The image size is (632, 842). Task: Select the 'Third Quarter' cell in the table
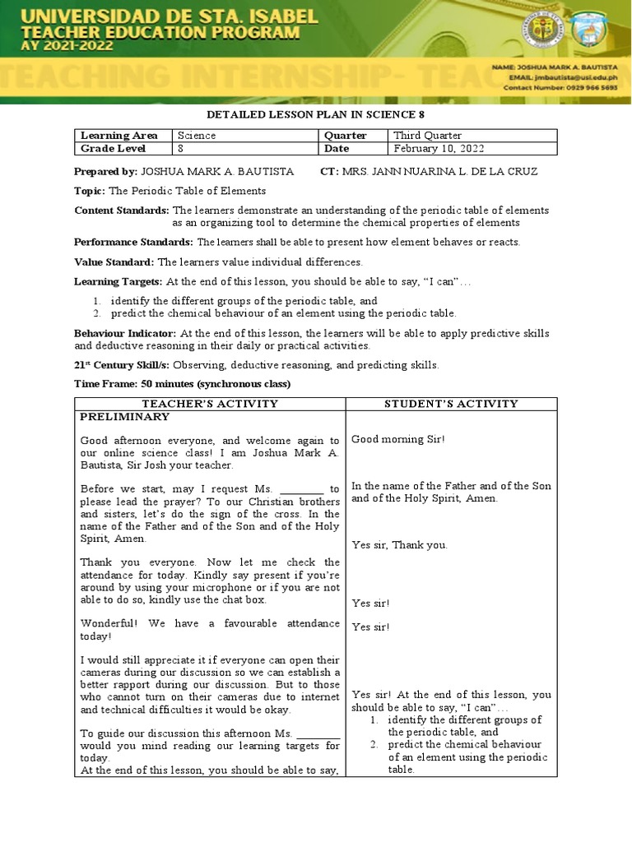tap(427, 136)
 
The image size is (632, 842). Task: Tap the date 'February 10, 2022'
tap(439, 149)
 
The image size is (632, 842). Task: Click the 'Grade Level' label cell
tap(113, 149)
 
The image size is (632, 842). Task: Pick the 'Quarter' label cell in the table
tap(345, 136)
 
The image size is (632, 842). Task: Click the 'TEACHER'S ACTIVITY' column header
tap(210, 404)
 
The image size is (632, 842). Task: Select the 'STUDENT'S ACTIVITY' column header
tap(451, 404)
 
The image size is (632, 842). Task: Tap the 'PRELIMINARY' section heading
tap(124, 417)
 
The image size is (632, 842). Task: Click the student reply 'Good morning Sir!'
tap(397, 439)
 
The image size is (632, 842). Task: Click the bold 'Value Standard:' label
tap(114, 262)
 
